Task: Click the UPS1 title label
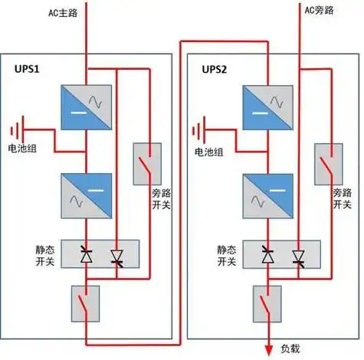(x=28, y=69)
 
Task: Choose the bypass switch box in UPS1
(x=143, y=162)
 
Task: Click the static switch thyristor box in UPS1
(x=100, y=254)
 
